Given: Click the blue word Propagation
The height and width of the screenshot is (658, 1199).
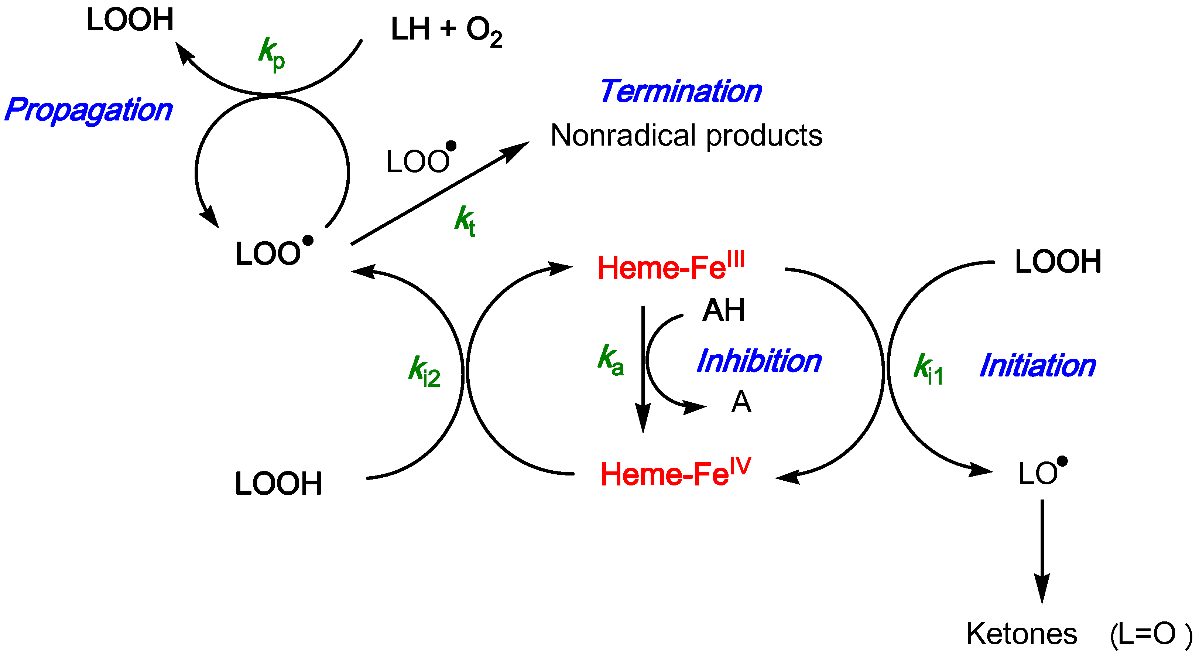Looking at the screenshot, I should pos(88,110).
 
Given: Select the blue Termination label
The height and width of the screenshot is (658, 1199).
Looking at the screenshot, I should pos(681,91).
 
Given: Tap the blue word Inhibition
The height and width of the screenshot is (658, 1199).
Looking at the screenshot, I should pos(759,361).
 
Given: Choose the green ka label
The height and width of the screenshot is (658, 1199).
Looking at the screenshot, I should pos(610,359).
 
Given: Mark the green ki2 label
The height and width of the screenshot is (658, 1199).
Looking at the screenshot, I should pos(424,371).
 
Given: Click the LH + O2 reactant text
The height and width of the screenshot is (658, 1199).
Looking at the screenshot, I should pos(446,30).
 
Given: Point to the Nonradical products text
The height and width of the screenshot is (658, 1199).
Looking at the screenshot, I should pos(686,136).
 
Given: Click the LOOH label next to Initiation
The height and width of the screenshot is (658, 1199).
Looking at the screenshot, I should pos(1058,262).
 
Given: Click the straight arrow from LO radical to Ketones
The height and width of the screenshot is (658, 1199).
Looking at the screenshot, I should pos(1042,549).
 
